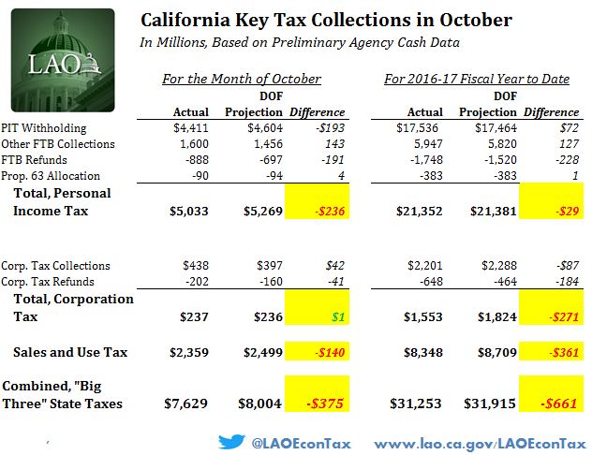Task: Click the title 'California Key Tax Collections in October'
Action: (326, 20)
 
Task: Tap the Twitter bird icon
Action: (231, 440)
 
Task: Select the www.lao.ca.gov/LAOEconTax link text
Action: (481, 440)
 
